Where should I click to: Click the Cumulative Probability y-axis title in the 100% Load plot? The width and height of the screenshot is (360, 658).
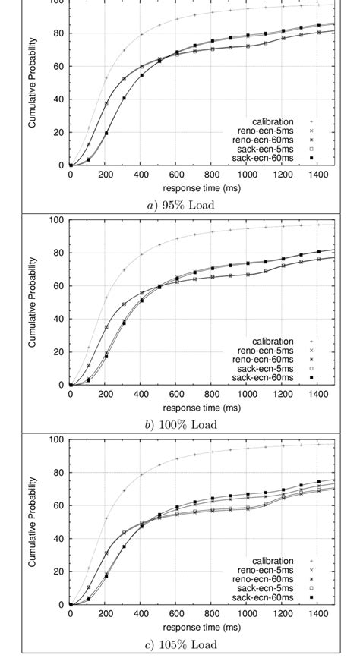[x=33, y=302]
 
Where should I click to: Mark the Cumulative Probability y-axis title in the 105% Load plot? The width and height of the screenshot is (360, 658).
[x=33, y=522]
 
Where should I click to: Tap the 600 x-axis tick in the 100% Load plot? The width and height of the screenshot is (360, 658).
[x=176, y=394]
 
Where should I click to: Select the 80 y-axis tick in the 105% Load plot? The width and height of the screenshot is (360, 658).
[x=58, y=473]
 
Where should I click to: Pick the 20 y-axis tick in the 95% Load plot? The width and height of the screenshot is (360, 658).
[x=58, y=132]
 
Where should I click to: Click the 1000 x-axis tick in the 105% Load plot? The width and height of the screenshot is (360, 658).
[x=247, y=614]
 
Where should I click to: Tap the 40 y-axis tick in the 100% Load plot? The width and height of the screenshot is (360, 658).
[x=58, y=319]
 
